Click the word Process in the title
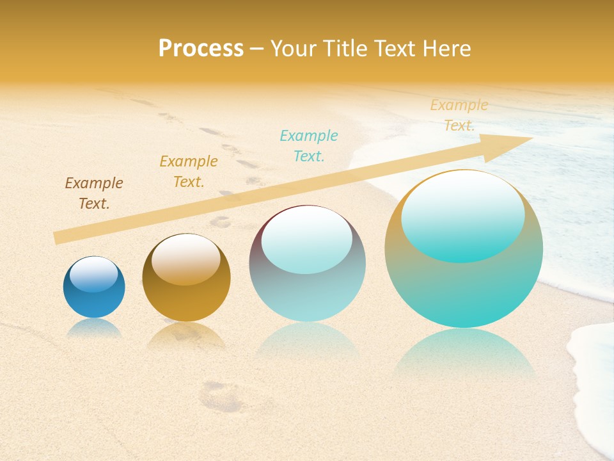coord(201,49)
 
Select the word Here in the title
coord(448,49)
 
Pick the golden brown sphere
coord(186,301)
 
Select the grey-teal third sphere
coord(307,295)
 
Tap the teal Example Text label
coord(309,145)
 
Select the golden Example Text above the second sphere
coord(189,171)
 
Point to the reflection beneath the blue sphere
coord(94,328)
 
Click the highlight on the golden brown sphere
coord(186,259)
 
